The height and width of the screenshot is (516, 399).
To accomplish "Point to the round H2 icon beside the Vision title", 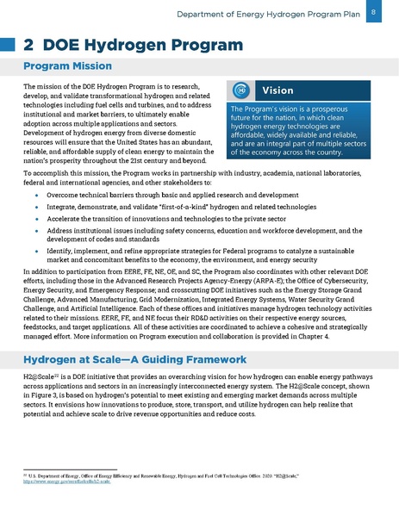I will point(242,90).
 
